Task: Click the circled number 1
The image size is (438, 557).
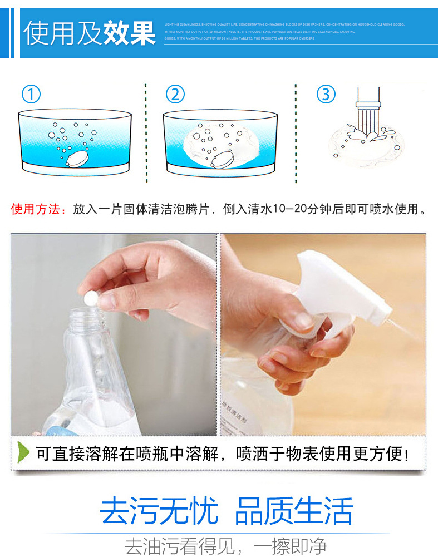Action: coord(31,94)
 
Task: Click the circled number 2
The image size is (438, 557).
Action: coord(175,94)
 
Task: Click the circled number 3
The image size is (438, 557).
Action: coord(326,93)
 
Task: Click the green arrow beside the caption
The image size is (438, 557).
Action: coord(23,452)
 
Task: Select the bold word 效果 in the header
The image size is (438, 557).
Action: coord(129,33)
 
